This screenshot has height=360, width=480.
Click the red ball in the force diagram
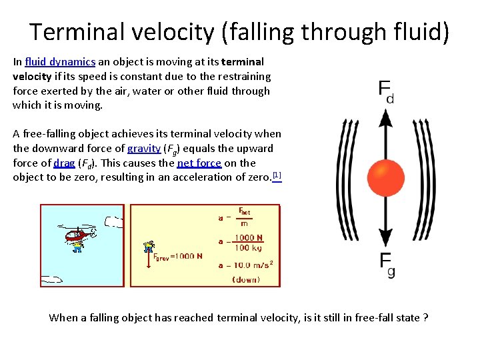[385, 179]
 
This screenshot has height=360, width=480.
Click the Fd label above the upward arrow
[385, 91]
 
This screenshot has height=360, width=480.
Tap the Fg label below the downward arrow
[387, 265]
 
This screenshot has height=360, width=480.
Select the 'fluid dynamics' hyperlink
[59, 62]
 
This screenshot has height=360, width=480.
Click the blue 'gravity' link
[144, 149]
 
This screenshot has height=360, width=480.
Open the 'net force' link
[199, 163]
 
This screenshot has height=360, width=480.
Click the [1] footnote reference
[277, 176]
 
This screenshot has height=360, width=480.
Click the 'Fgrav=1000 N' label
[178, 256]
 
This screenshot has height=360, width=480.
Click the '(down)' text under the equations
[246, 279]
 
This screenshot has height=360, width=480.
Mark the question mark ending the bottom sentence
[426, 318]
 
